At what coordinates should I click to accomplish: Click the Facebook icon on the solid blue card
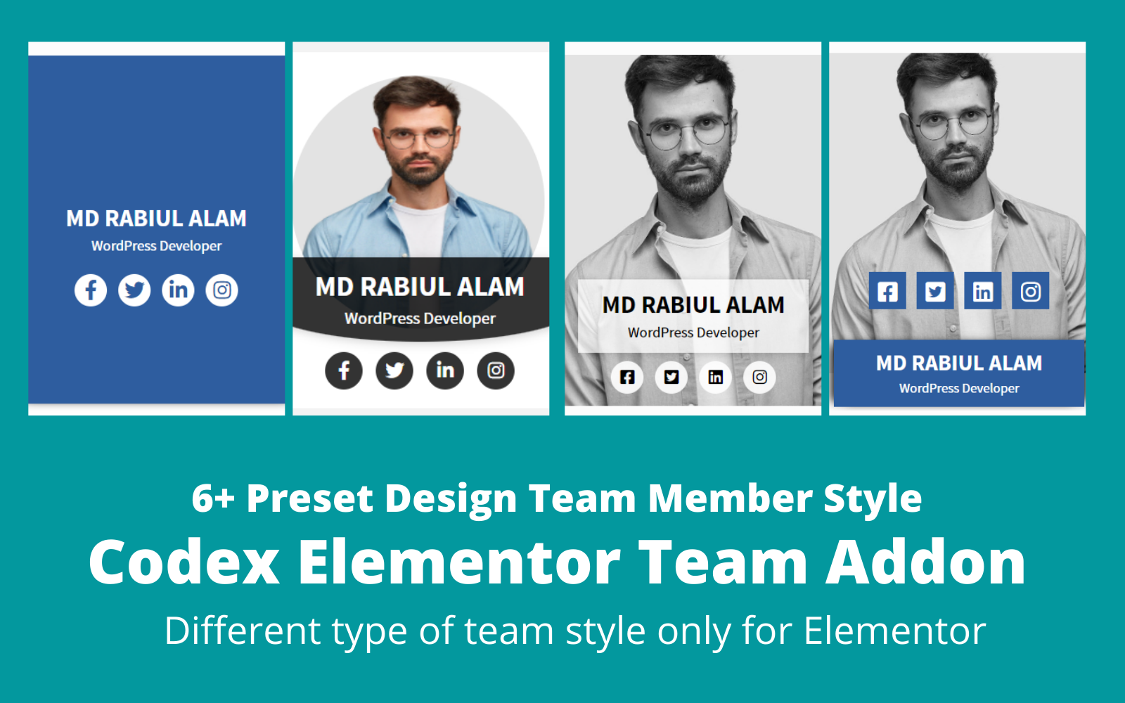point(91,290)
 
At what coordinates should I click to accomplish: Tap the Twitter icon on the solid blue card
point(134,290)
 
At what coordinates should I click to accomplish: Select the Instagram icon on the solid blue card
point(222,290)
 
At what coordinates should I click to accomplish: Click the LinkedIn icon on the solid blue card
point(178,290)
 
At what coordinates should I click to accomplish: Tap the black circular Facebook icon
point(344,370)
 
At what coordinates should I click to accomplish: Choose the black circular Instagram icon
point(496,370)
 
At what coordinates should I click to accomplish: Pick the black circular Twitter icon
point(394,370)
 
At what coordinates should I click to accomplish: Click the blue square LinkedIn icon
point(983,291)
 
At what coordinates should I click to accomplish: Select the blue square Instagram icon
point(1031,291)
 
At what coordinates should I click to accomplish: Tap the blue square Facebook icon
point(887,291)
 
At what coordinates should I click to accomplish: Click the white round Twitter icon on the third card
point(671,377)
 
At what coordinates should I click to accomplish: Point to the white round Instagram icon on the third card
point(759,377)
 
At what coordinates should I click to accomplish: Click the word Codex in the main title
point(184,562)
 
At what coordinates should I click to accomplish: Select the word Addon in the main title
point(926,562)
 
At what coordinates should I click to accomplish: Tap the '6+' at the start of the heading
point(212,498)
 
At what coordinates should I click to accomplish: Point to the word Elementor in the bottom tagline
point(894,631)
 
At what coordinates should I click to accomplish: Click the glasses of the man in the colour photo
point(420,137)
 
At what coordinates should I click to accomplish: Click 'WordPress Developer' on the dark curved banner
point(420,318)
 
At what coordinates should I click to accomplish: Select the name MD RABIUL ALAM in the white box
point(693,305)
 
